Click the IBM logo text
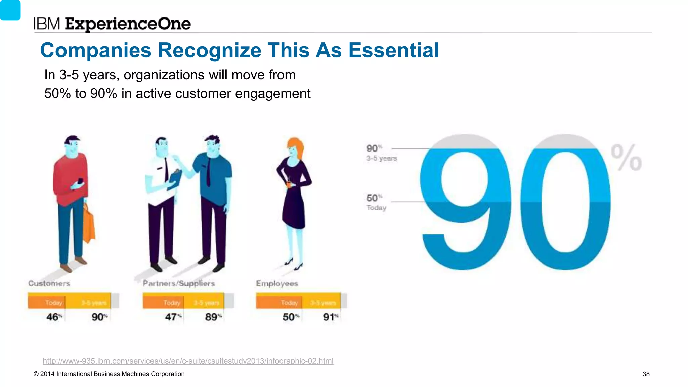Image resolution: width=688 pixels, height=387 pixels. click(47, 24)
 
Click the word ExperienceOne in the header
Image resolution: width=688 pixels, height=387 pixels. click(128, 24)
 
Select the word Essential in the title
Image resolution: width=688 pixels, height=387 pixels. click(393, 50)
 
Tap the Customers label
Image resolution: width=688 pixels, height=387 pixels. click(49, 283)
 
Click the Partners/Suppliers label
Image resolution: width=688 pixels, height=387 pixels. click(179, 283)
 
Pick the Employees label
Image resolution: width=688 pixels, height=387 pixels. click(277, 283)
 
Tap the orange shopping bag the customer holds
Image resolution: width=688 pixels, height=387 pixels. click(89, 223)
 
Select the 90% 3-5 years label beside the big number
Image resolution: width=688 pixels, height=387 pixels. click(381, 153)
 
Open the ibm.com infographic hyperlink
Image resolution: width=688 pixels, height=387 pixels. click(188, 361)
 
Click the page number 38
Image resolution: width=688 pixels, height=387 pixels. click(646, 374)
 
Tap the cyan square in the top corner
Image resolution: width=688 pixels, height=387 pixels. click(10, 10)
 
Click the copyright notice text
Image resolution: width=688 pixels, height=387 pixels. click(109, 374)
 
